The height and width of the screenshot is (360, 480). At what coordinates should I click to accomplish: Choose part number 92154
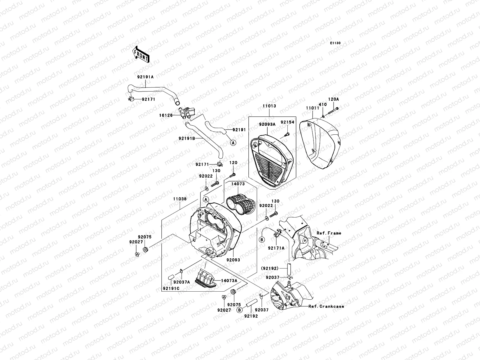pos(287,122)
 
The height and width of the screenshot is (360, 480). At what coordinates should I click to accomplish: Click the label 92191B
pos(187,138)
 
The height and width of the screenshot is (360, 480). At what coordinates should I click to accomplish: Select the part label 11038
pos(179,199)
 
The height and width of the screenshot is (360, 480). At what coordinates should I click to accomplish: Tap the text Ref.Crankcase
pos(326,306)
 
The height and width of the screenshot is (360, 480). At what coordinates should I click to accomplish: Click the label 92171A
pos(276,248)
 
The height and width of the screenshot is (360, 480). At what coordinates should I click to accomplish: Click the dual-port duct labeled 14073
pos(240,205)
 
